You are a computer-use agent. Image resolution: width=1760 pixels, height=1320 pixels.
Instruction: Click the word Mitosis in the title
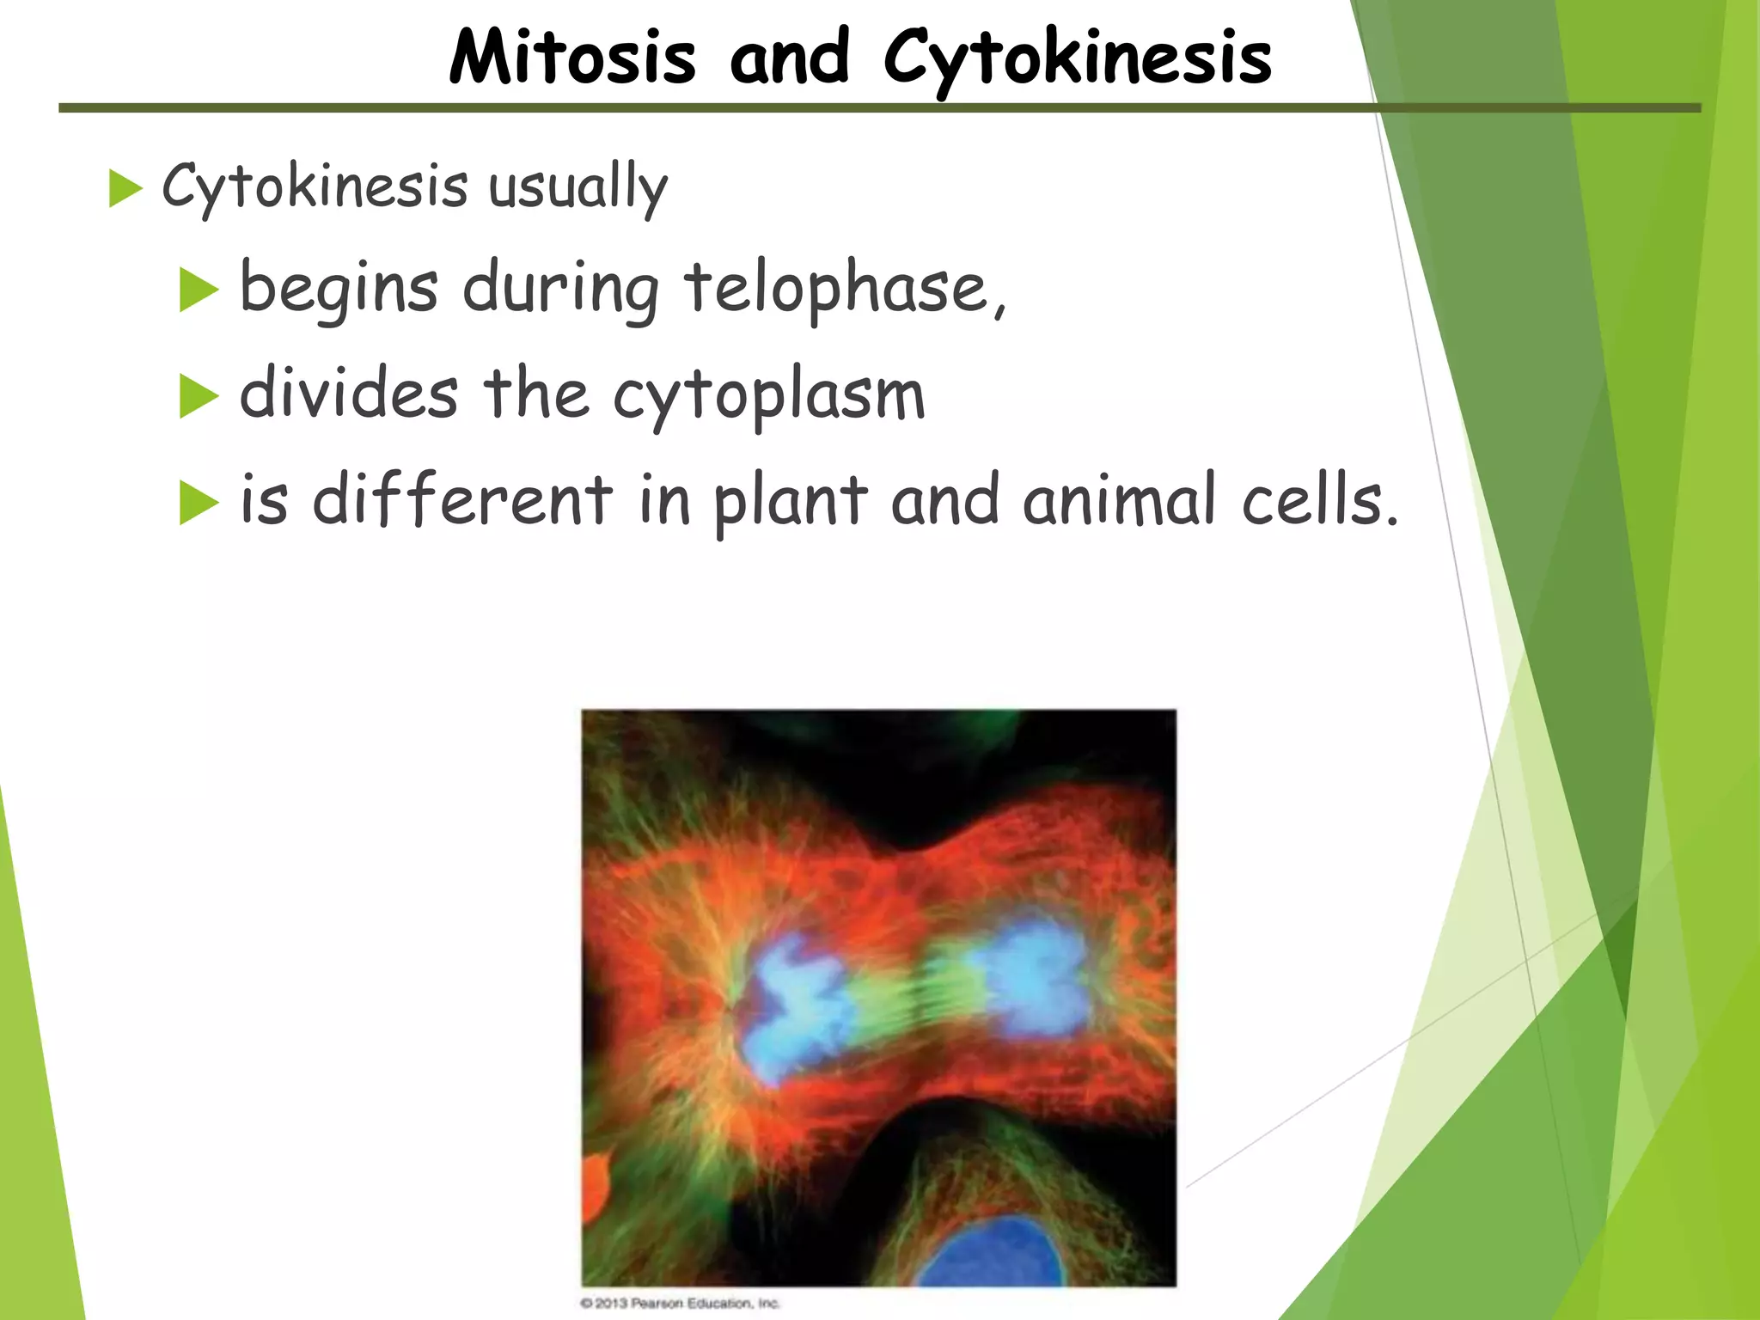click(571, 58)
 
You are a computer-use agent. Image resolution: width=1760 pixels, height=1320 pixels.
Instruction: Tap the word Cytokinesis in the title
click(1077, 58)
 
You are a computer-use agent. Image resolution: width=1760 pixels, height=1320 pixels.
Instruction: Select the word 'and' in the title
click(789, 58)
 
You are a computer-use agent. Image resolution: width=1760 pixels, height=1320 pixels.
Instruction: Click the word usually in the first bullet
click(577, 186)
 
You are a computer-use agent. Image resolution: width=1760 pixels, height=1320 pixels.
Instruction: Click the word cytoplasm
click(769, 395)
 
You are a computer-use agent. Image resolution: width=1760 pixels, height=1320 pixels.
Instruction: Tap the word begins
click(338, 290)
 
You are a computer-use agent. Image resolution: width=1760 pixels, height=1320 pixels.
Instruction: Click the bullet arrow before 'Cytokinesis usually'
click(125, 188)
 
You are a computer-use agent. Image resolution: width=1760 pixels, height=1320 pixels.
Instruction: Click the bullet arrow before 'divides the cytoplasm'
click(199, 398)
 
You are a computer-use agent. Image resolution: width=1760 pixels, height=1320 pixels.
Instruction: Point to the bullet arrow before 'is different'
click(199, 504)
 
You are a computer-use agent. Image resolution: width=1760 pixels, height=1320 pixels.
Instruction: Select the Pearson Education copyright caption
click(680, 1303)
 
